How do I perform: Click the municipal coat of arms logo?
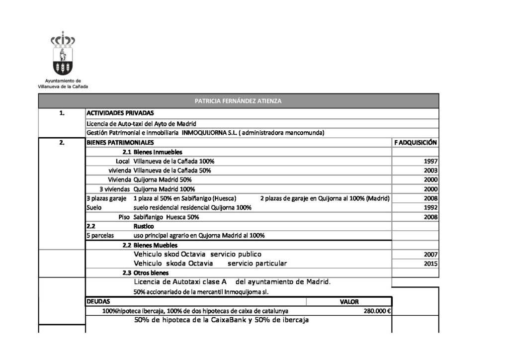click(x=63, y=53)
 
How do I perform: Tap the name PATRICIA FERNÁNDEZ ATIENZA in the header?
click(x=238, y=101)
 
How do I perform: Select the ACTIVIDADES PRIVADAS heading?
click(x=120, y=113)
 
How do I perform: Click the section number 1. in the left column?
click(x=62, y=113)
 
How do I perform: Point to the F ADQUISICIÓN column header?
click(x=416, y=143)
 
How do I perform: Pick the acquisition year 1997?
click(x=430, y=162)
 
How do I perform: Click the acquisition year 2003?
click(x=430, y=171)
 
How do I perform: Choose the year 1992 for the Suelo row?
click(x=430, y=207)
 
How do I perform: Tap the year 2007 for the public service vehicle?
click(x=430, y=255)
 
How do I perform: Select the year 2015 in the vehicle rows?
click(x=430, y=264)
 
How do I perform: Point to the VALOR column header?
click(x=349, y=302)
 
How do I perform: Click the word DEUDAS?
click(x=98, y=302)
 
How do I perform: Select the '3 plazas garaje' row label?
click(x=106, y=198)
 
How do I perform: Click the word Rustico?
click(x=144, y=226)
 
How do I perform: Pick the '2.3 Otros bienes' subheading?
click(x=146, y=273)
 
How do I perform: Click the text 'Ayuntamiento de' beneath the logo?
click(x=63, y=81)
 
